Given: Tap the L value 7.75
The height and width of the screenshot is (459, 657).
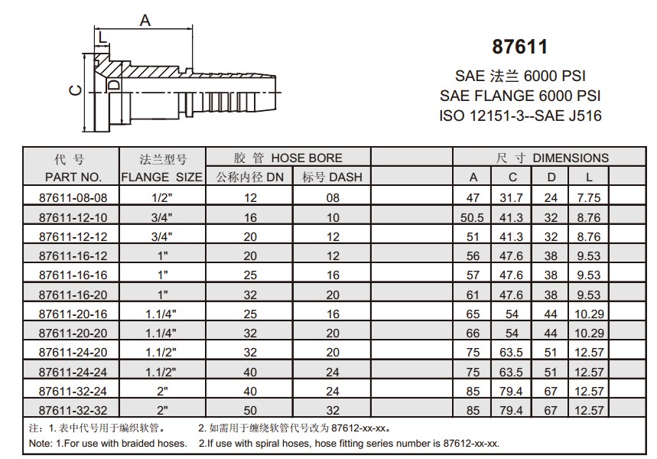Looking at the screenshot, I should coord(588,197).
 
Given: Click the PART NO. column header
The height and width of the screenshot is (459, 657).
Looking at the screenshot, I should coord(73,177).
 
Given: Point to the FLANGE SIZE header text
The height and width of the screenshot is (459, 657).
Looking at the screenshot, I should coord(162,177).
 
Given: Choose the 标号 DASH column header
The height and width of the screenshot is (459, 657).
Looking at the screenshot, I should coord(331,177).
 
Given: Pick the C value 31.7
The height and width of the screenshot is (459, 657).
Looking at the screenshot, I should coord(512,197).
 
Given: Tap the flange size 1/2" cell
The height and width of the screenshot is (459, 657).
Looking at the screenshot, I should coord(162,197).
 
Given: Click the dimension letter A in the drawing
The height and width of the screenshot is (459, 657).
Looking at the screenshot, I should coord(145,21).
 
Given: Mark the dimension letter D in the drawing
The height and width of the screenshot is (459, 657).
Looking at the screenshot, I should coord(113,85).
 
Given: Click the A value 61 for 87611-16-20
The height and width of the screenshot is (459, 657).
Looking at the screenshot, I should coord(473,295).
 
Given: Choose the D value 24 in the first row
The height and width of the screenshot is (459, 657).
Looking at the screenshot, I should coord(551,197).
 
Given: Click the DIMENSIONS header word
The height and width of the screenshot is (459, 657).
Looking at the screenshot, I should coord(571,158).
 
